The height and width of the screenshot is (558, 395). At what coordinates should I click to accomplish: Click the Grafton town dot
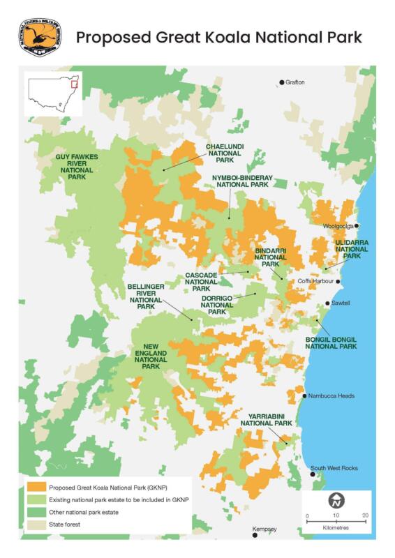click(x=282, y=82)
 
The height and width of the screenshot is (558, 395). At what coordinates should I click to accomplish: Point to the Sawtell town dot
click(x=329, y=303)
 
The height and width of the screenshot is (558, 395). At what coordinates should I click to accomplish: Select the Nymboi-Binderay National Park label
click(x=241, y=182)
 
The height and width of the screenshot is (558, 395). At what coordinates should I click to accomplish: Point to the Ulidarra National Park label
click(x=352, y=249)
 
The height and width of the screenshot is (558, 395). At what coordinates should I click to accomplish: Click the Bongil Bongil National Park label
click(x=331, y=342)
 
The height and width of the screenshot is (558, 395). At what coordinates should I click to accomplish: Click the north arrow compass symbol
click(x=336, y=500)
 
